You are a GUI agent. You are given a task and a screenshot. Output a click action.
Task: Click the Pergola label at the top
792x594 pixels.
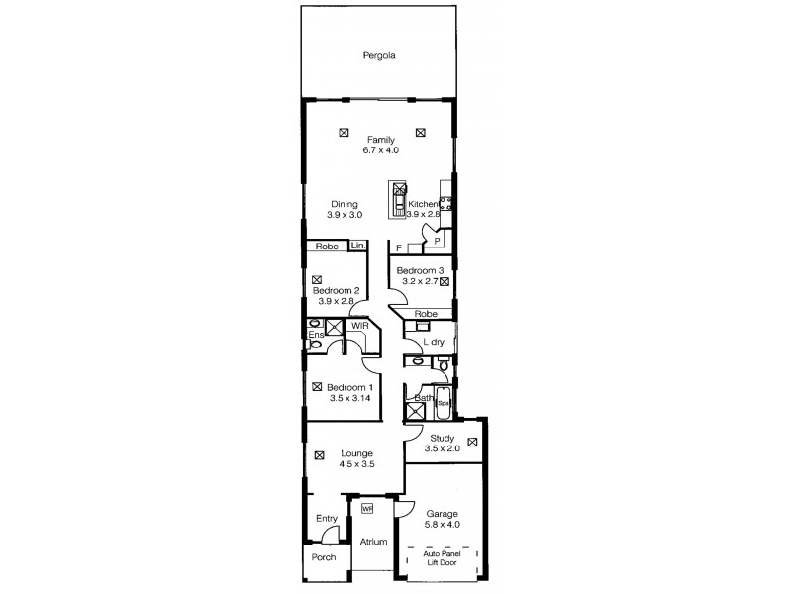click(378, 56)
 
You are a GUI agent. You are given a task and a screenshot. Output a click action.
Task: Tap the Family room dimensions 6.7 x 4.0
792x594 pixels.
click(381, 149)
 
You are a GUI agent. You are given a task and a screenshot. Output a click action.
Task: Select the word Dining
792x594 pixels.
click(345, 204)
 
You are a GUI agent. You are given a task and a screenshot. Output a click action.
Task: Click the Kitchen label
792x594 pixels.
click(423, 204)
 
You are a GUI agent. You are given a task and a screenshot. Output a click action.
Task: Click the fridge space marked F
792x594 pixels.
click(399, 247)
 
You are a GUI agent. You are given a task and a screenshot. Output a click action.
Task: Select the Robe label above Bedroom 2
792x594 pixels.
click(326, 246)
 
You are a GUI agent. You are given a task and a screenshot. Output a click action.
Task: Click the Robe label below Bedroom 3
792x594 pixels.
click(427, 313)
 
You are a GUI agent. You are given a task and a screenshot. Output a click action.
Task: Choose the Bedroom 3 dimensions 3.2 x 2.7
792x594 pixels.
click(416, 281)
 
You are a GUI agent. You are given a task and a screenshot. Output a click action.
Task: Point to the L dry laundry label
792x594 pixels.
click(433, 342)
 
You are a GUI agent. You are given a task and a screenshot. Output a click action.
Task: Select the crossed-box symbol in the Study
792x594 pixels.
click(473, 441)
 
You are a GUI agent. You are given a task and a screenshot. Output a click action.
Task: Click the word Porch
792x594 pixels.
click(323, 557)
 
